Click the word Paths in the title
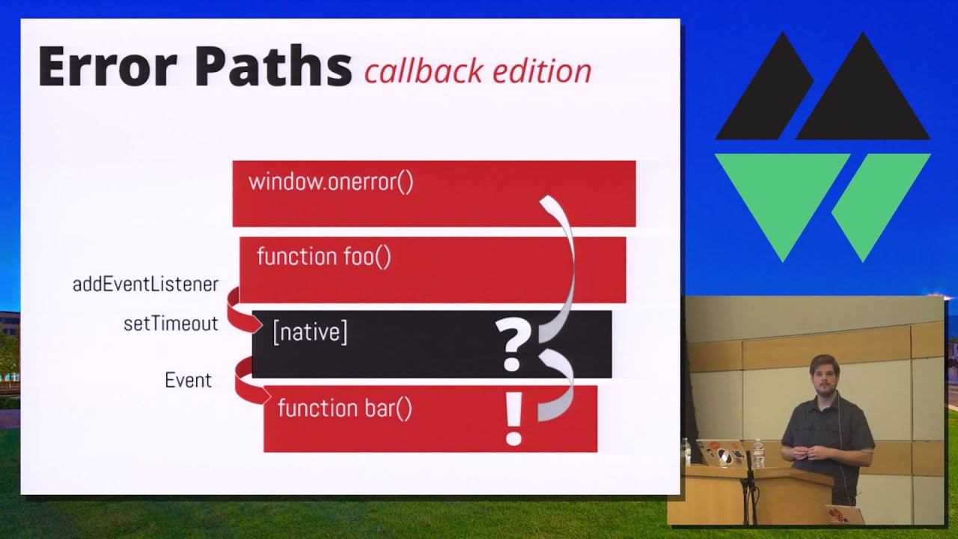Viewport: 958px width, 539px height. pyautogui.click(x=273, y=67)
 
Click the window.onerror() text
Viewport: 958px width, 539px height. pyautogui.click(x=331, y=182)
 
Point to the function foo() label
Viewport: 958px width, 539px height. pyautogui.click(x=323, y=257)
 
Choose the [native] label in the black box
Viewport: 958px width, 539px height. pyautogui.click(x=310, y=332)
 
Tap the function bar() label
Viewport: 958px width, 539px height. pyautogui.click(x=344, y=408)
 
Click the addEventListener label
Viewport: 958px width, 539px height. pyautogui.click(x=145, y=284)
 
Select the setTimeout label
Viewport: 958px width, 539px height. pyautogui.click(x=171, y=323)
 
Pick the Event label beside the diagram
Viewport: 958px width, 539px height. pyautogui.click(x=188, y=380)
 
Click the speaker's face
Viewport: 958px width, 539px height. pyautogui.click(x=824, y=377)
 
